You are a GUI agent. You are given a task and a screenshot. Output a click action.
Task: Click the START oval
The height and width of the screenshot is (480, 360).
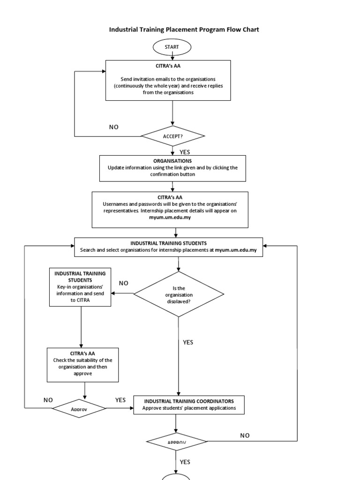(x=172, y=47)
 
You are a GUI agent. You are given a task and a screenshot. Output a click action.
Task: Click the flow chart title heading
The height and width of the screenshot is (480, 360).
(x=184, y=30)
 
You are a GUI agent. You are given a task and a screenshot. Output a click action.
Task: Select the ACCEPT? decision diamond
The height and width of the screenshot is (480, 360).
(x=173, y=136)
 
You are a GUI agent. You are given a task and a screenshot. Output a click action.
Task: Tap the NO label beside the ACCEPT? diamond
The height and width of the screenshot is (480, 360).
(x=114, y=127)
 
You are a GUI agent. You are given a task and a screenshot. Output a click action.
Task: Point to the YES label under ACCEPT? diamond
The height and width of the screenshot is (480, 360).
(x=185, y=152)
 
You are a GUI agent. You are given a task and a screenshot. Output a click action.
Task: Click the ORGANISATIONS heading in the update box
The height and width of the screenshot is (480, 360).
(x=172, y=161)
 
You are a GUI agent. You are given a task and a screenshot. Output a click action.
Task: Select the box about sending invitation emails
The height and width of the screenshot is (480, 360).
(x=168, y=80)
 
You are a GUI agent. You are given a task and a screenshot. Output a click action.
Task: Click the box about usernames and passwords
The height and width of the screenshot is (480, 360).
(x=170, y=210)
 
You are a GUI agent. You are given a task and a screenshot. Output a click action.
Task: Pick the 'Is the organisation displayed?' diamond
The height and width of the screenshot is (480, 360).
(x=179, y=294)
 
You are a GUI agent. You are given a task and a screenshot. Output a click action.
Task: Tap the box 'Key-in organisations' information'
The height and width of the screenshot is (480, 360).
(x=81, y=287)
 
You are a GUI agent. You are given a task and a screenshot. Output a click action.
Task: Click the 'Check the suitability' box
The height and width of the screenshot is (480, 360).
(x=82, y=364)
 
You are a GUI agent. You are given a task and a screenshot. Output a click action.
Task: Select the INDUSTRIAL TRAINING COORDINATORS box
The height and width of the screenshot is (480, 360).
(x=188, y=405)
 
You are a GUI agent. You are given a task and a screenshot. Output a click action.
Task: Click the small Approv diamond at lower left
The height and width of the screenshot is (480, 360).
(x=79, y=409)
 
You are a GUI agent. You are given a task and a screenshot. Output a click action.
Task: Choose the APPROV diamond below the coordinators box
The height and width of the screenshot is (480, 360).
(x=177, y=442)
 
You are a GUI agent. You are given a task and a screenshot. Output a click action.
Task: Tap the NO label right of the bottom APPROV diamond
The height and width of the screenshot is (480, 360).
(x=245, y=435)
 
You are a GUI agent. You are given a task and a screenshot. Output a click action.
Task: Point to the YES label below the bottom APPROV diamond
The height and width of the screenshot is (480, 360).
(x=185, y=462)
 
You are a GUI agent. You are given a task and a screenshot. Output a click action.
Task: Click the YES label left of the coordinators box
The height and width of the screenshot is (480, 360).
(x=120, y=400)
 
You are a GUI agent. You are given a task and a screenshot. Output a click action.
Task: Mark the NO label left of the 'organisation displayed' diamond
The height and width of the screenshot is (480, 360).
(x=123, y=283)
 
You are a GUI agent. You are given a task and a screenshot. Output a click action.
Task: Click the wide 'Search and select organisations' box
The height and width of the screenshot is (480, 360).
(x=169, y=247)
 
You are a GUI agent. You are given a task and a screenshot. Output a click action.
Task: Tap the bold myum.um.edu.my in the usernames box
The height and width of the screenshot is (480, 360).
(x=170, y=217)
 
